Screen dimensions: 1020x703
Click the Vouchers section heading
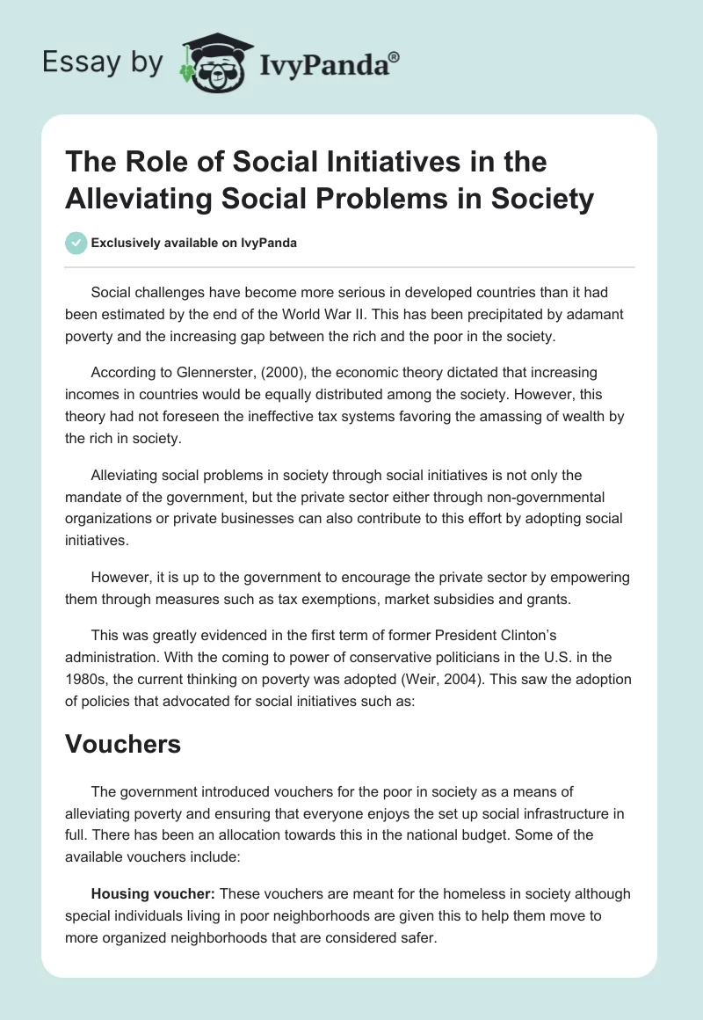click(123, 744)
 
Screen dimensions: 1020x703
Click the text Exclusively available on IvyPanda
click(194, 243)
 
